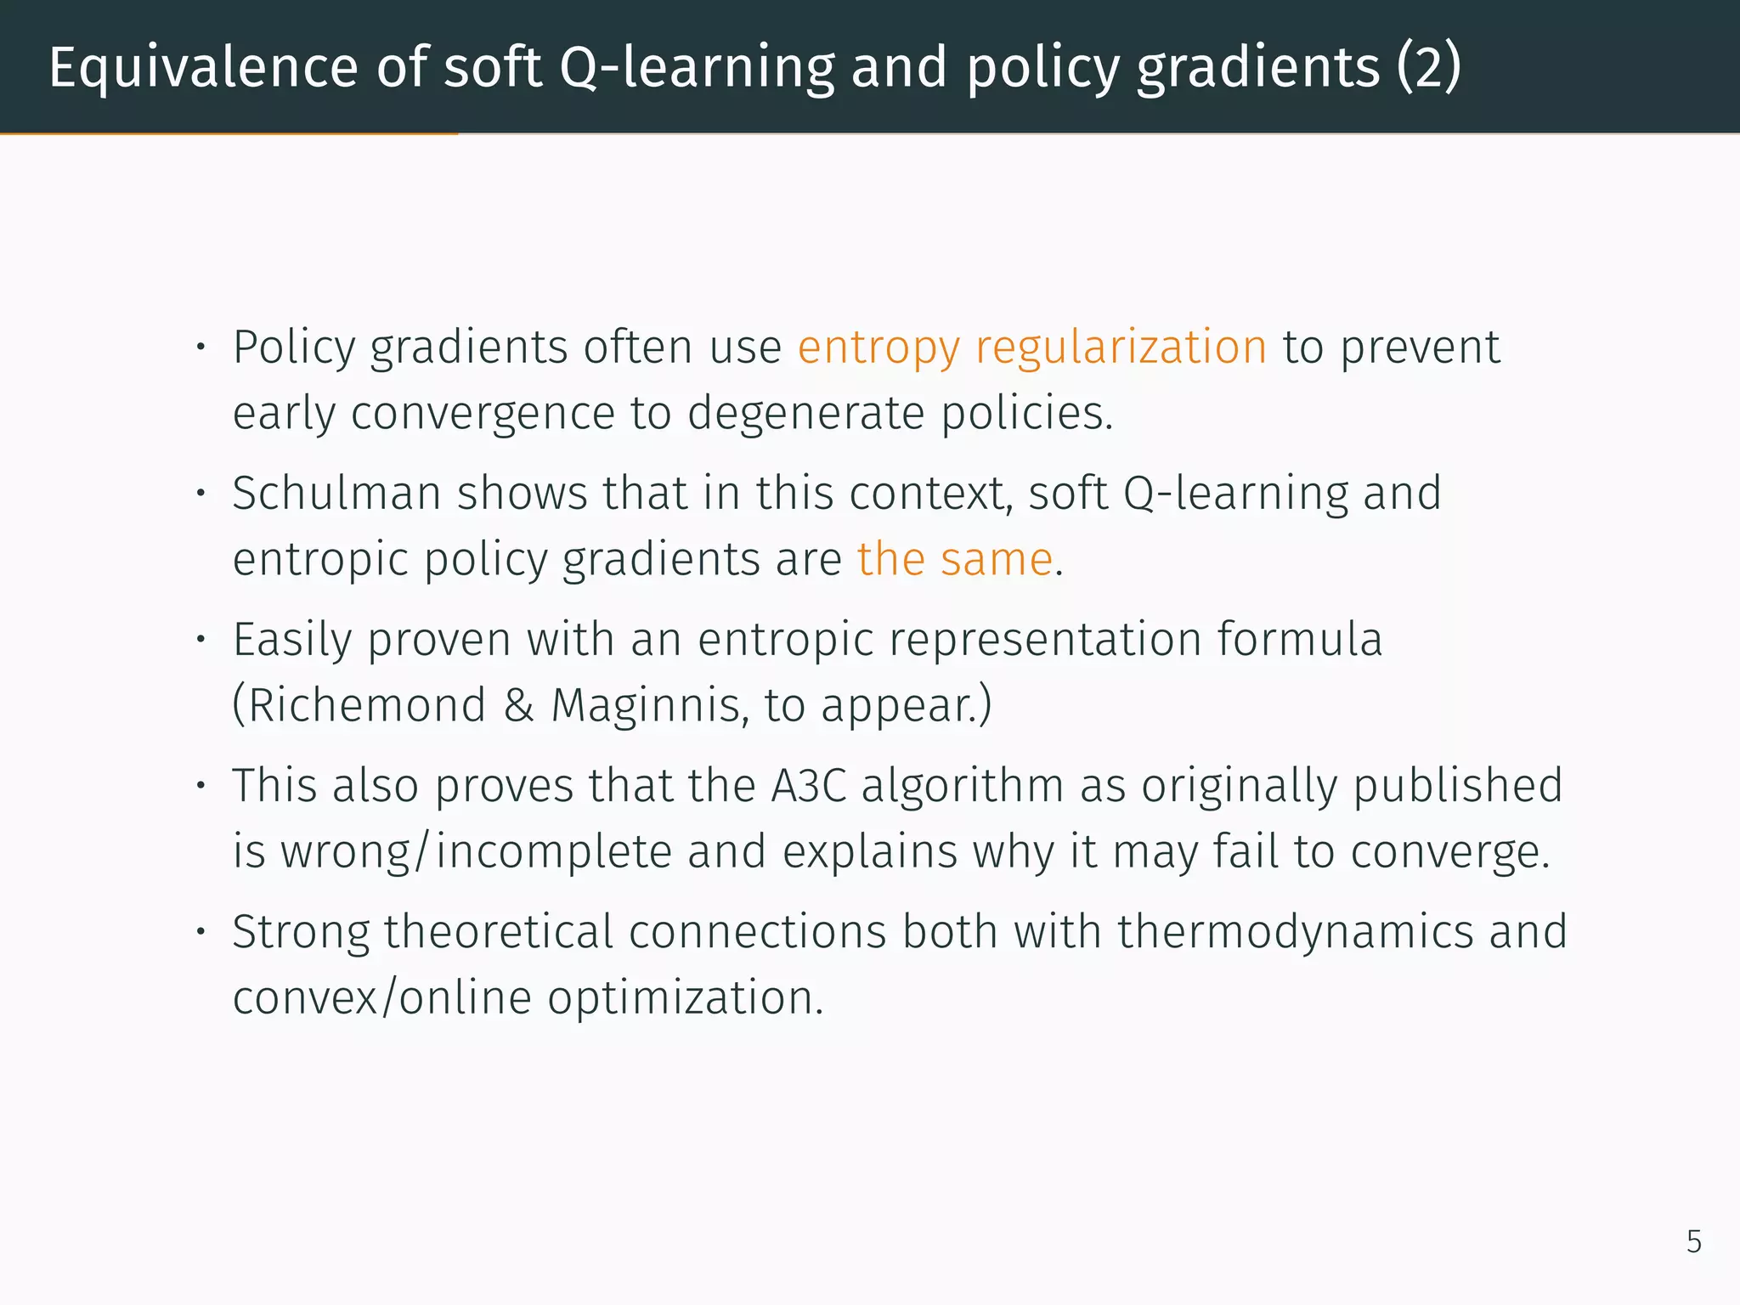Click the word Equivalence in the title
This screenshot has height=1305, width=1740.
(x=204, y=68)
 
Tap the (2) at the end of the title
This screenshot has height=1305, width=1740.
(x=1429, y=68)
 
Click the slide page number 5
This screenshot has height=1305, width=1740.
(x=1693, y=1242)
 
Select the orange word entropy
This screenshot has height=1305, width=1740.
(x=878, y=348)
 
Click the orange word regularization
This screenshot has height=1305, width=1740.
(x=1121, y=348)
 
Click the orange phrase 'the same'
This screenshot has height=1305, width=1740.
(x=955, y=560)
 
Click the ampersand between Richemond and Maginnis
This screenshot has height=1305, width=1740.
(x=518, y=705)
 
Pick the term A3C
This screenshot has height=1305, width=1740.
(x=809, y=786)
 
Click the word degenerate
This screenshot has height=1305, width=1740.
(x=805, y=415)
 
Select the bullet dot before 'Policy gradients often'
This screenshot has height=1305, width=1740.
(x=201, y=347)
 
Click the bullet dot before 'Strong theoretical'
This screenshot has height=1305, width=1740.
(x=201, y=932)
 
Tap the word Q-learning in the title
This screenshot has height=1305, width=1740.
(x=697, y=68)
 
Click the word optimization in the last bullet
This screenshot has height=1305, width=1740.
(x=685, y=998)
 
